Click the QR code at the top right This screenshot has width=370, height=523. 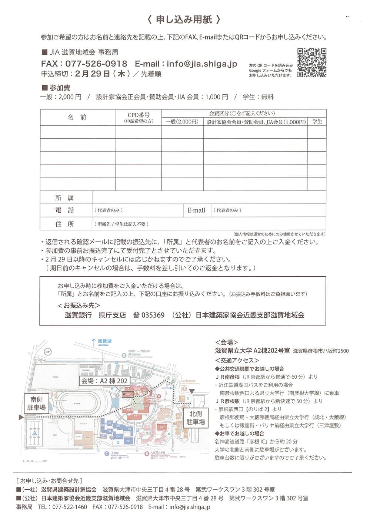pyautogui.click(x=311, y=63)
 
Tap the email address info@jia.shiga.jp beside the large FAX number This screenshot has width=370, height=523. pyautogui.click(x=202, y=64)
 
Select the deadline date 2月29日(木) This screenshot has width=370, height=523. pyautogui.click(x=102, y=74)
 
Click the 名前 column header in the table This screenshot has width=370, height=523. pyautogui.click(x=77, y=117)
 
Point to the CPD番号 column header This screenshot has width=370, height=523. pyautogui.click(x=139, y=117)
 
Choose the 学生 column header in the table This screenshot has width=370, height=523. pyautogui.click(x=317, y=121)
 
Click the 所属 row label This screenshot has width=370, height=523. pyautogui.click(x=65, y=198)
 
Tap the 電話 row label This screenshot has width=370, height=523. pyautogui.click(x=65, y=210)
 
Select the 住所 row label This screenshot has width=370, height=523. pyautogui.click(x=65, y=224)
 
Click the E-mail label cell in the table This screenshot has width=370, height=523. pyautogui.click(x=196, y=210)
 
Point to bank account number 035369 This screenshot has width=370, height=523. pyautogui.click(x=153, y=315)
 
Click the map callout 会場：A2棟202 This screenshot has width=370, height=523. pyautogui.click(x=104, y=381)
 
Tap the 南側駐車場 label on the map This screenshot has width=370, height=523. pyautogui.click(x=36, y=404)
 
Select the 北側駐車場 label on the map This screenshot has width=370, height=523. pyautogui.click(x=195, y=418)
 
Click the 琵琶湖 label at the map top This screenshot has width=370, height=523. pyautogui.click(x=104, y=341)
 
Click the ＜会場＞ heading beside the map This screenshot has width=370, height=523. pyautogui.click(x=226, y=343)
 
